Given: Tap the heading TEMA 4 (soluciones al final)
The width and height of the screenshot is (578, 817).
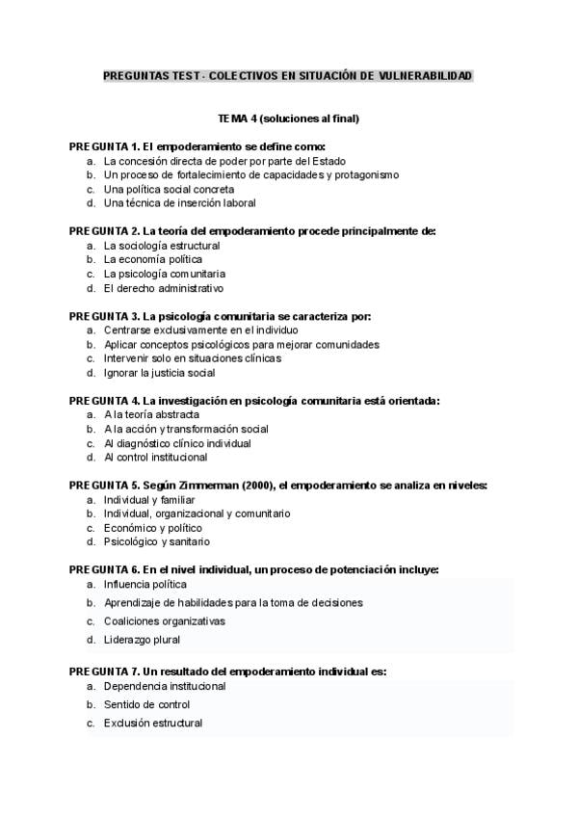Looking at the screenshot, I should point(289,119).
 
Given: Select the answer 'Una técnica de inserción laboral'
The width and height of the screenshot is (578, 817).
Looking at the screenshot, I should point(180,204).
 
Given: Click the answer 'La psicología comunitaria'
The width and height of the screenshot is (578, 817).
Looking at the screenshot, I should point(165,274).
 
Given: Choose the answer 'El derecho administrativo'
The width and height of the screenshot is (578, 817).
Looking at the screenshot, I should point(164,288).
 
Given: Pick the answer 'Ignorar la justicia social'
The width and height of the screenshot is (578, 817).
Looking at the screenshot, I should point(159,373).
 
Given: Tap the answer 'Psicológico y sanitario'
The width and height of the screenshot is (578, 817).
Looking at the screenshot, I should point(156,542).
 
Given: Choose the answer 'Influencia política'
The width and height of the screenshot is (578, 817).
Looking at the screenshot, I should point(145,585).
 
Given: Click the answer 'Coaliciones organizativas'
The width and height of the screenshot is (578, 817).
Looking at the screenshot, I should point(165,621).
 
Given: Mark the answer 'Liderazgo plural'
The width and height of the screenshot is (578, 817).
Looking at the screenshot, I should point(142,640).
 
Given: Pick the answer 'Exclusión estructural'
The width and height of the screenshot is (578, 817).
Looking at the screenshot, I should point(153,723).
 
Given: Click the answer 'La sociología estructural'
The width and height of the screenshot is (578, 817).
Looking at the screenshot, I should point(162,246).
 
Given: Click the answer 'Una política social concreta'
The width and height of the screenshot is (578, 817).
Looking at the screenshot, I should point(169,190).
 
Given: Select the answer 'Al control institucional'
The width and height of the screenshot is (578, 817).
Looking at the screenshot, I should point(155,458).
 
